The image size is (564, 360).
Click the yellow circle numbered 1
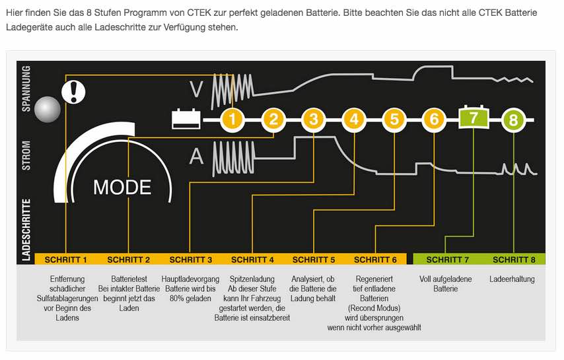[x=232, y=120]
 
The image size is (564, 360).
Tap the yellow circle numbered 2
[x=273, y=120]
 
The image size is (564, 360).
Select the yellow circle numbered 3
[x=314, y=120]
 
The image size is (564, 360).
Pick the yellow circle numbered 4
[x=354, y=120]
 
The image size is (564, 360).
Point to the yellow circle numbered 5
[x=394, y=120]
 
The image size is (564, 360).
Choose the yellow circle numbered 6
[x=434, y=120]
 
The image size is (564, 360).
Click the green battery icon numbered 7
[x=474, y=118]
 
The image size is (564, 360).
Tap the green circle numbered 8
[x=514, y=120]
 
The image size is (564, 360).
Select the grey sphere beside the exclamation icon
[x=47, y=108]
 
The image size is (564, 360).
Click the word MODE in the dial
[x=122, y=188]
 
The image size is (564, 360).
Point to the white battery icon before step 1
[x=186, y=119]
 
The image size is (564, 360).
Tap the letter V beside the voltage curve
[x=196, y=88]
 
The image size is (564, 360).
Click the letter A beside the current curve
[x=196, y=157]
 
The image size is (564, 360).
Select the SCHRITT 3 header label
[x=191, y=259]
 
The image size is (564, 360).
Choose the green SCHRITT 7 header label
[x=447, y=259]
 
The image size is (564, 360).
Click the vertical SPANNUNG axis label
[x=27, y=89]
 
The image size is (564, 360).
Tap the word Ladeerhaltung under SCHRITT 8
[x=512, y=279]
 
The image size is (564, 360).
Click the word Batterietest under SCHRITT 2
[x=129, y=279]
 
